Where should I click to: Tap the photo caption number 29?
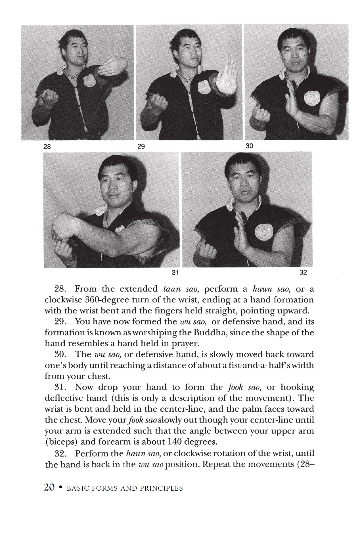coord(141,147)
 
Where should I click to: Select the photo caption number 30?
coord(249,146)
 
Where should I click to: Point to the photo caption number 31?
coord(175,273)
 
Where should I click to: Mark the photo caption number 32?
coord(303,273)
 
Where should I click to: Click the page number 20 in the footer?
coord(49,488)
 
